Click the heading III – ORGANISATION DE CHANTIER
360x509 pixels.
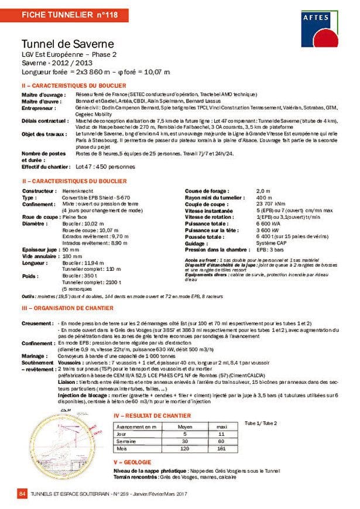(x=68, y=308)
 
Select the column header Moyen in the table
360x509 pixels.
(x=184, y=427)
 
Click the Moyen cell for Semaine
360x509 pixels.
(x=184, y=442)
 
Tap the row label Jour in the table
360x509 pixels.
(x=122, y=434)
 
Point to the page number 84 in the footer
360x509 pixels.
(x=23, y=495)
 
